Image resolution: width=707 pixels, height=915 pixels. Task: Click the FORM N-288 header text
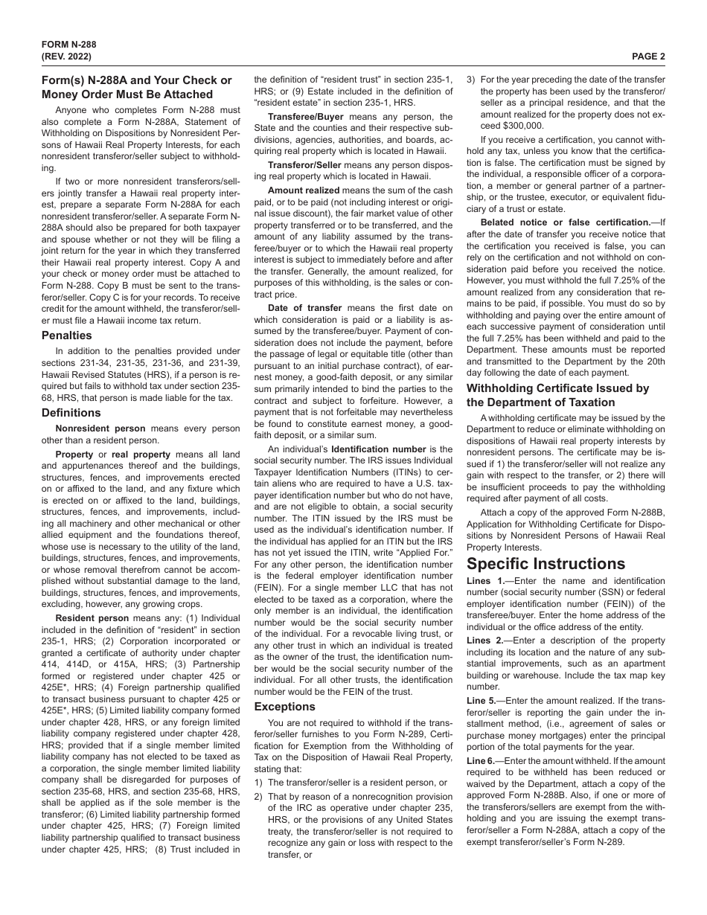pos(68,44)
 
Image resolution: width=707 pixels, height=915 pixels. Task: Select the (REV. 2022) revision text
pos(69,56)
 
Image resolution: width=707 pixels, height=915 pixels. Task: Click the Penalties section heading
pos(67,335)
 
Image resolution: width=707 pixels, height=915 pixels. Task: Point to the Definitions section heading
pos(71,412)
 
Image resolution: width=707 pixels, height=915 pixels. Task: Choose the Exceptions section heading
pos(285,707)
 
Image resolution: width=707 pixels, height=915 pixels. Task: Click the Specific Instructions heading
pos(546,563)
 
